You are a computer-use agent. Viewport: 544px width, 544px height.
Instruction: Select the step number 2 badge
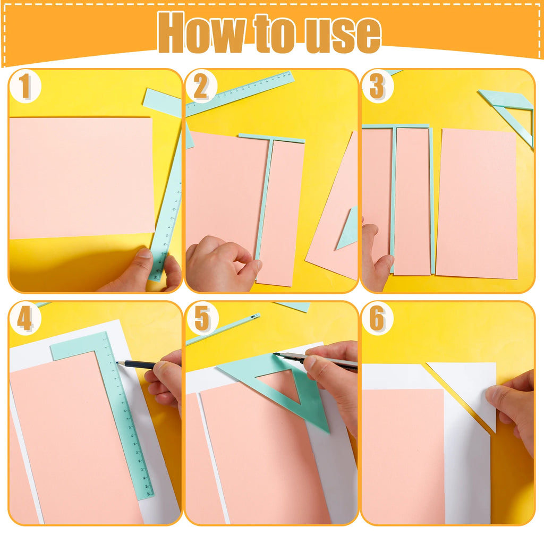201,87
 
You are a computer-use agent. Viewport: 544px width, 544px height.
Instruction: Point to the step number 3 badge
377,87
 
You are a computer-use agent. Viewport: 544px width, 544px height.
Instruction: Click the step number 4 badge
25,319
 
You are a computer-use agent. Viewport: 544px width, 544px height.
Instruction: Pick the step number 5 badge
202,319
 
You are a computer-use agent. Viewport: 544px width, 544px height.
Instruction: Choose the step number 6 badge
377,319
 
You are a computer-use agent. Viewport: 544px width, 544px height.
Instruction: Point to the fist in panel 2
220,263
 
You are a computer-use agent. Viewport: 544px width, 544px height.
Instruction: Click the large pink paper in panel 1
80,178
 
